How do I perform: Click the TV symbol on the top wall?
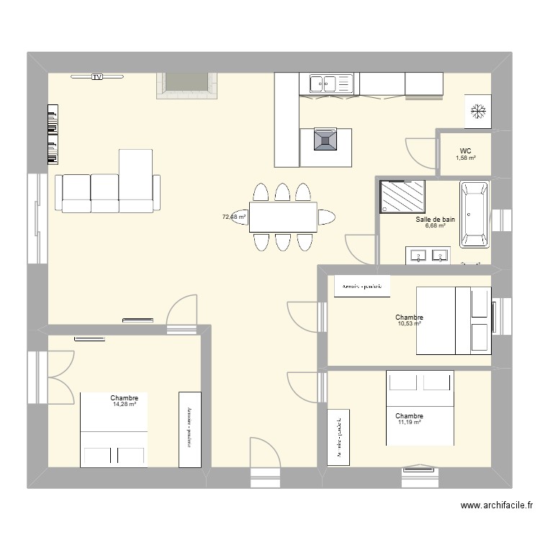96,76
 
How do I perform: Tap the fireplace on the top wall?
187,84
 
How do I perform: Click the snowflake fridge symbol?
477,111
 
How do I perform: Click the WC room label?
465,151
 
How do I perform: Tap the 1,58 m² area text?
466,158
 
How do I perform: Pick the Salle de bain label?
435,220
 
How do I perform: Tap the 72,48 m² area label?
233,216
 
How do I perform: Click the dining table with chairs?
283,217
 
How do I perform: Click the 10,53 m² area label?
408,323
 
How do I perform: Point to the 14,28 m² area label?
124,404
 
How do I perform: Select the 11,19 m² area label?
408,423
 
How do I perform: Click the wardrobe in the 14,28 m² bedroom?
189,429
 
